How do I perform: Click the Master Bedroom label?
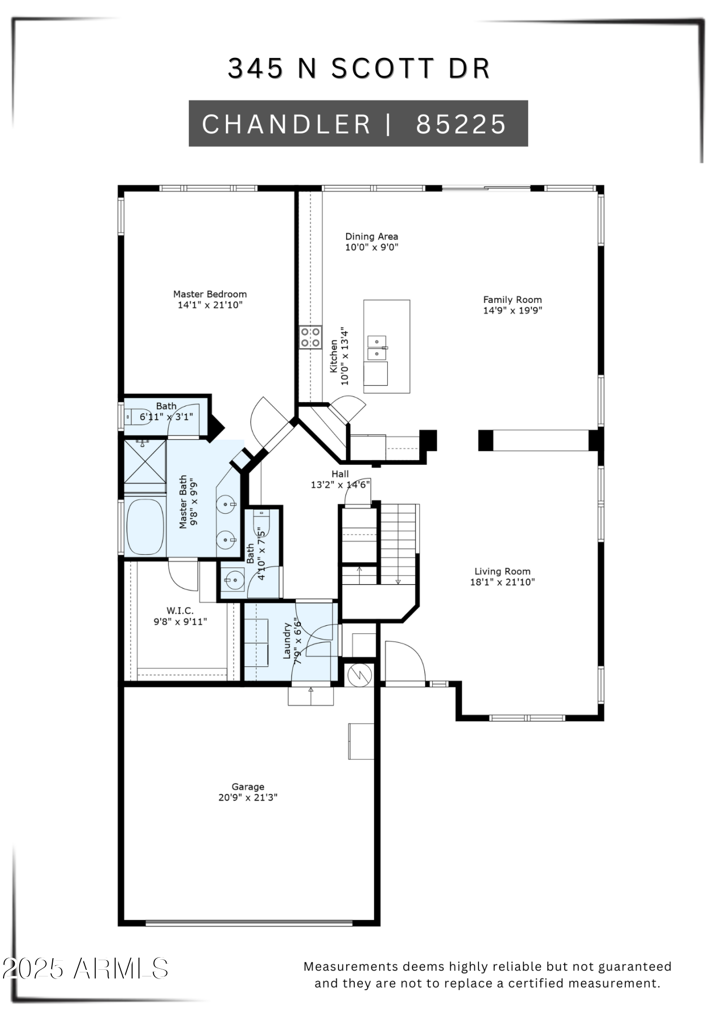point(210,294)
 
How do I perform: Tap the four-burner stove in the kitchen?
point(310,337)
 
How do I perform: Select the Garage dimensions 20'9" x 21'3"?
point(248,797)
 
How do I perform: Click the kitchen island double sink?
point(377,348)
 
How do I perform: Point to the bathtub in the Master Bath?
point(145,527)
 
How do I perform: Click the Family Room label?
point(512,299)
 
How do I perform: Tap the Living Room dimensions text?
point(502,582)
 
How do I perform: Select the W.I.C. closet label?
point(180,611)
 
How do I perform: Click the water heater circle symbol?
point(360,675)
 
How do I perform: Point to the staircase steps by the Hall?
point(398,543)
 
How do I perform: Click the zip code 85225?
point(461,124)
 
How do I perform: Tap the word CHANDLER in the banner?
point(286,124)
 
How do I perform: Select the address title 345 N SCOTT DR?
point(359,69)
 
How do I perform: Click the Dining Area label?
point(371,236)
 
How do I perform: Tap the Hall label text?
point(340,473)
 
